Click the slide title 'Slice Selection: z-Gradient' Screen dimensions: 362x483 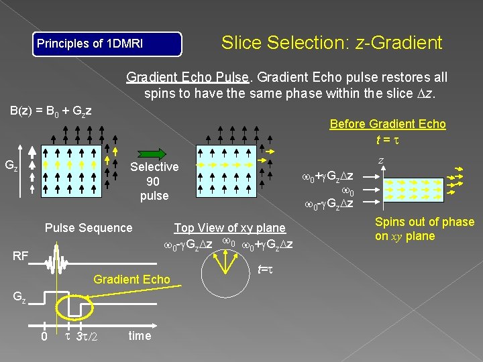pyautogui.click(x=331, y=43)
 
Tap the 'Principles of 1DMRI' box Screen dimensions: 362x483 pyautogui.click(x=108, y=44)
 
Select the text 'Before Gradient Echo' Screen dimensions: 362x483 pyautogui.click(x=387, y=124)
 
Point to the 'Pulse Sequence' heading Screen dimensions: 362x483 pyautogui.click(x=89, y=228)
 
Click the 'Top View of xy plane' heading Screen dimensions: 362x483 pyautogui.click(x=229, y=228)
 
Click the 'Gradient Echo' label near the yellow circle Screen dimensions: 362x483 pyautogui.click(x=132, y=279)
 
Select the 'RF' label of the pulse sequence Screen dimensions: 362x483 pyautogui.click(x=21, y=256)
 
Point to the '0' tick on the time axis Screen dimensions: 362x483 pyautogui.click(x=44, y=336)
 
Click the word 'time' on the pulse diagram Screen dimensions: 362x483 pyautogui.click(x=140, y=335)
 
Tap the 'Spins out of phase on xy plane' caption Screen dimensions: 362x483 pyautogui.click(x=424, y=229)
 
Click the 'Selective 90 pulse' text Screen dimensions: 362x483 pyautogui.click(x=154, y=181)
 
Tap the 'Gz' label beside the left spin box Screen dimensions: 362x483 pyautogui.click(x=11, y=166)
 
